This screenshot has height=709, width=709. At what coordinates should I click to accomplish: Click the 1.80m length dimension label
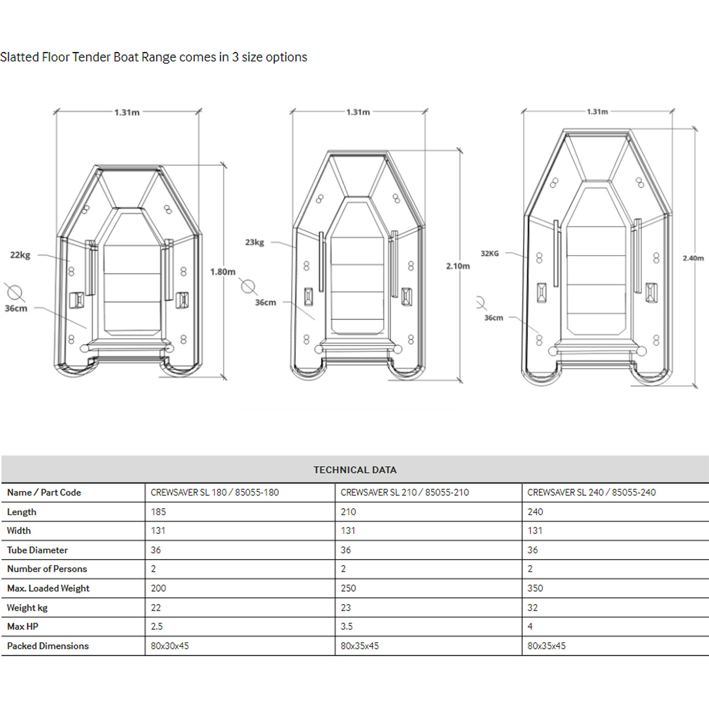click(223, 272)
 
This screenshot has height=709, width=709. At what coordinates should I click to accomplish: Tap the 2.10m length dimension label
click(458, 266)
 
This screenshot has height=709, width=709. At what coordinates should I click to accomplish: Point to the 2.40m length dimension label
click(693, 258)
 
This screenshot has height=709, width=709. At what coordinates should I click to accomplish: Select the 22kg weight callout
click(20, 255)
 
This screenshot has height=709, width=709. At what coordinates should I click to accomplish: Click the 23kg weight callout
click(254, 242)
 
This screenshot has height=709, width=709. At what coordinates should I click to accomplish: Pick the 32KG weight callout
click(490, 254)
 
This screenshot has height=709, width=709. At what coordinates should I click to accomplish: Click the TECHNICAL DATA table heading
click(355, 470)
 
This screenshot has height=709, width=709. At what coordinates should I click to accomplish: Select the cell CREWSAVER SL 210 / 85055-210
click(405, 493)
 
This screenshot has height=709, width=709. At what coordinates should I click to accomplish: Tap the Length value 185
click(158, 512)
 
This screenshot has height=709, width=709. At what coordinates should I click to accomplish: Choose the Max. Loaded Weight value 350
click(535, 588)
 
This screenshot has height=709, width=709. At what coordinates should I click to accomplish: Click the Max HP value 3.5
click(346, 627)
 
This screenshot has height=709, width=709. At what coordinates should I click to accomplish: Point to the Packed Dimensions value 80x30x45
click(170, 646)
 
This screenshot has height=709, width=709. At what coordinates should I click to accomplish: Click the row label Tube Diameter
click(37, 550)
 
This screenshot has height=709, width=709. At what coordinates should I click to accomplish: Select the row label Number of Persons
click(47, 569)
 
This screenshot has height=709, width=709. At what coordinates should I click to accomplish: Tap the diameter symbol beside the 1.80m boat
click(15, 293)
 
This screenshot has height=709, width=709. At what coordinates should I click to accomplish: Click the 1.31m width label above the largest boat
click(597, 112)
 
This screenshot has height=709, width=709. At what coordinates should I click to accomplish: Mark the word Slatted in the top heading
click(19, 57)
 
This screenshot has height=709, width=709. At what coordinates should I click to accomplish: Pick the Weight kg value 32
click(533, 608)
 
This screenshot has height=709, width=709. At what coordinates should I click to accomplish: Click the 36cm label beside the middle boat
click(266, 303)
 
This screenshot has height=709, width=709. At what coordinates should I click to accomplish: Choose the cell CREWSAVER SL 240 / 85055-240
click(591, 493)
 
